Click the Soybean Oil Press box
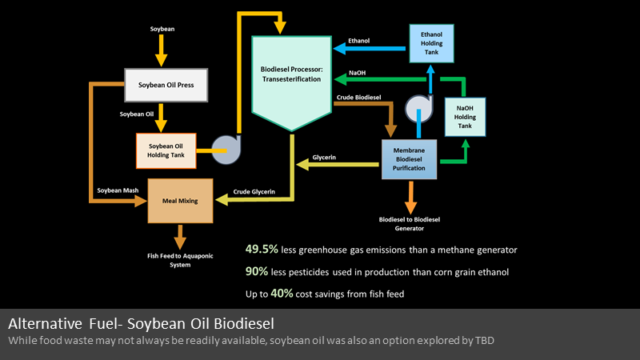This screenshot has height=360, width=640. pos(166,85)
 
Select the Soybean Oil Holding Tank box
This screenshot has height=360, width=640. pos(166,150)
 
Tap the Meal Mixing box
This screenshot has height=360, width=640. pos(180,201)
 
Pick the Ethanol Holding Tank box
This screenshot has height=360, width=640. pos(431,43)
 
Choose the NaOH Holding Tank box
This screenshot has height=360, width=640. pos(465,117)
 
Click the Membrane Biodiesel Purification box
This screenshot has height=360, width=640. pos(409,159)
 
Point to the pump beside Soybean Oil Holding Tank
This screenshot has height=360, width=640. pos(226,150)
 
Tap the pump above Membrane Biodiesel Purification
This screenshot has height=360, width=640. pos(418,109)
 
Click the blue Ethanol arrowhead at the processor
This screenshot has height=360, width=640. pos(340,49)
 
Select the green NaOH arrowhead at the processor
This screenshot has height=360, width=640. pos(341,79)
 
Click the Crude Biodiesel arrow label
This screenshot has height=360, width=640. pos(358,97)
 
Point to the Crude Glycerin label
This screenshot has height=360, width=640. pos(254,191)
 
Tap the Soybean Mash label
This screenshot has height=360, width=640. pos(118,190)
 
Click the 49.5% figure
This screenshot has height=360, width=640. pos(262,249)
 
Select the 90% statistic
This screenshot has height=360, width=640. pos(257,271)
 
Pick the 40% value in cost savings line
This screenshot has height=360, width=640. pos(282,294)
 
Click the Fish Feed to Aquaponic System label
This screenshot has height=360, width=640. pos(180,260)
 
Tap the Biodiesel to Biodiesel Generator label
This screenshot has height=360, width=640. pos(410,224)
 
